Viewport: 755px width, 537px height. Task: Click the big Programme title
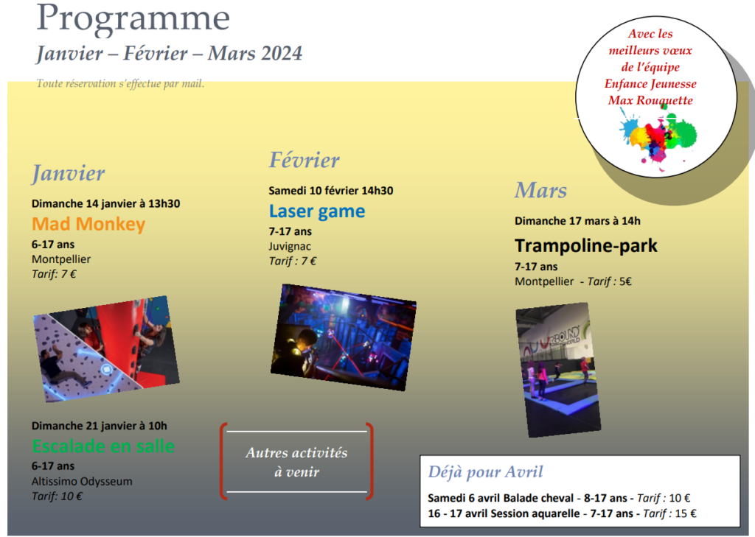[x=133, y=19]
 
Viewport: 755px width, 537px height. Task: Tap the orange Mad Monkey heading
[x=88, y=224]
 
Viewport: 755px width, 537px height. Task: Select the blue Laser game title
[x=317, y=211]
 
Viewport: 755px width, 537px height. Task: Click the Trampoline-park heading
[x=586, y=245]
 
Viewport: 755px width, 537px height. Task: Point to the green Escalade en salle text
[x=103, y=446]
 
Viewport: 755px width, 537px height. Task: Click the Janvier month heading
[x=68, y=173]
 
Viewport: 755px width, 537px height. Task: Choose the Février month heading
[x=305, y=160]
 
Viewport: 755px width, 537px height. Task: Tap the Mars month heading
[x=540, y=190]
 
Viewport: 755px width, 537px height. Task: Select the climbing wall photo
[x=106, y=349]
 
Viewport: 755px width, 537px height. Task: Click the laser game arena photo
[x=344, y=337]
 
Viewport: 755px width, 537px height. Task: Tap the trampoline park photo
[x=558, y=370]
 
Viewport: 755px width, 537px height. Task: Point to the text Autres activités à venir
[x=296, y=462]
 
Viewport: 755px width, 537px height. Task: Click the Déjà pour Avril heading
[x=485, y=471]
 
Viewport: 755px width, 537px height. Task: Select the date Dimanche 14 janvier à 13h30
[x=106, y=203]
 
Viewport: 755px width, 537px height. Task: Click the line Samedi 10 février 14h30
[x=331, y=191]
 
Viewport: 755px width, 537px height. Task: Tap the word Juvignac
[x=290, y=246]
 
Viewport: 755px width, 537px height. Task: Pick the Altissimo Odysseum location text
[x=82, y=481]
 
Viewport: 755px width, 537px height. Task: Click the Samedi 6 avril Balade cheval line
[x=559, y=498]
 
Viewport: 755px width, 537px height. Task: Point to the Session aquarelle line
[x=562, y=513]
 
